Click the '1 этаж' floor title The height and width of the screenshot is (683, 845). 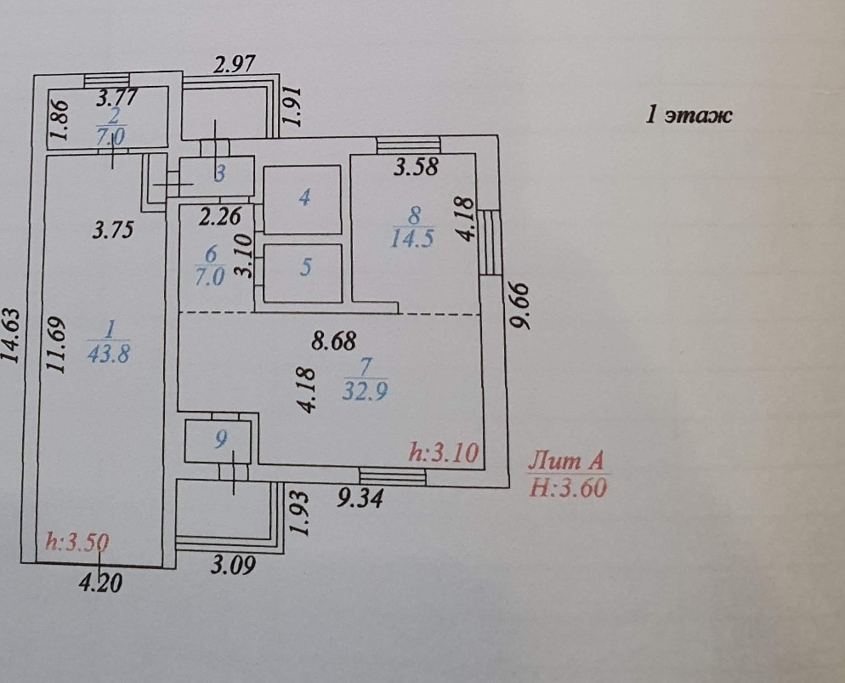point(689,116)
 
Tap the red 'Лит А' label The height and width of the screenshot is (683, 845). point(566,462)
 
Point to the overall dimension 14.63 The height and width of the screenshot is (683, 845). point(11,336)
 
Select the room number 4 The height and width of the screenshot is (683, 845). point(303,198)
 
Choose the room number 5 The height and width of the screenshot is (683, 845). point(305,267)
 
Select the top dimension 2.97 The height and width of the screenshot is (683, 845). point(235,65)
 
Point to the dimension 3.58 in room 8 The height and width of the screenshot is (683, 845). point(416,167)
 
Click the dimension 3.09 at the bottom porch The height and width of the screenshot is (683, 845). point(233,563)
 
